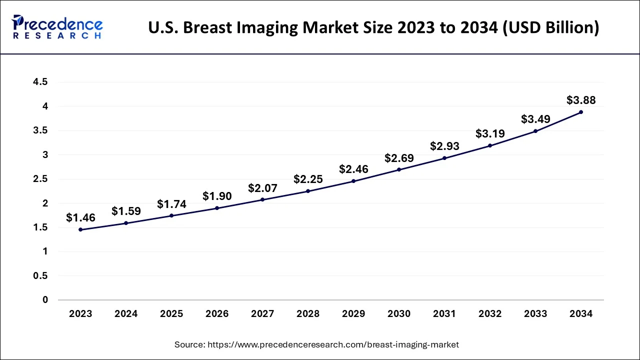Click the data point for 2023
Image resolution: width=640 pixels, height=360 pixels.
point(80,229)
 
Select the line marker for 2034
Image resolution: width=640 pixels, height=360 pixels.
point(581,112)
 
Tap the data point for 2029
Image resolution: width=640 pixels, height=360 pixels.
point(353,181)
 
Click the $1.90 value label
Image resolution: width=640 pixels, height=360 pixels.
point(217,196)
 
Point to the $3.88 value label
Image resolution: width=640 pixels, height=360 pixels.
point(581,100)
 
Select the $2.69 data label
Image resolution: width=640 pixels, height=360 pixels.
point(399,158)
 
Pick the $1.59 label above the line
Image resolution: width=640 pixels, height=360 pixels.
point(126,211)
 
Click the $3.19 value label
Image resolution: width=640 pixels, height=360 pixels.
point(490,134)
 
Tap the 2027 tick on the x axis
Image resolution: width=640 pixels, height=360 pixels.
point(262,314)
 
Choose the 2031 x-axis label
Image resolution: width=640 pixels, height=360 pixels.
point(444,314)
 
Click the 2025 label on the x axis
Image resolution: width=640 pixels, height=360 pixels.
point(171,314)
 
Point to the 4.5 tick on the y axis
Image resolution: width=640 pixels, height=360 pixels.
point(40,82)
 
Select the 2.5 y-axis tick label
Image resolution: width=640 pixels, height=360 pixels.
point(40,179)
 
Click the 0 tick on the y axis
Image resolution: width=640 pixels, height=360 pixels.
point(45,300)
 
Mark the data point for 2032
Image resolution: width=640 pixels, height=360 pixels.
point(490,145)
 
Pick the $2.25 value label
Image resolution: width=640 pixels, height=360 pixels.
point(308,179)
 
